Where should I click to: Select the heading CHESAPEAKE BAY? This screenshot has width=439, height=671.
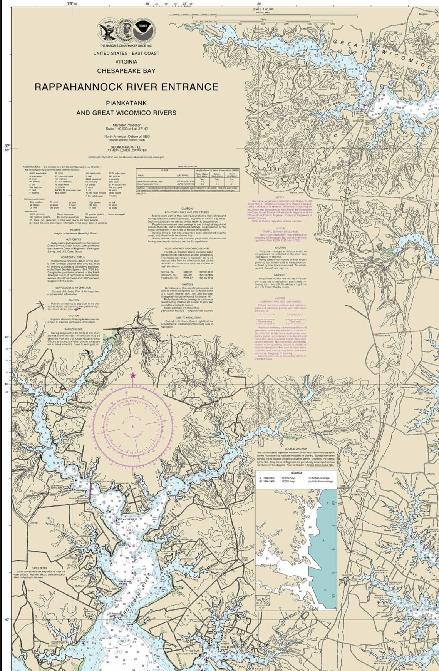(126, 71)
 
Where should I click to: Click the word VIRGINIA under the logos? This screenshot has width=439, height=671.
(126, 62)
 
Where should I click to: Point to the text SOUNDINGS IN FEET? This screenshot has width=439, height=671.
(126, 147)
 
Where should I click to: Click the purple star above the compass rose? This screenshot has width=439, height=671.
(133, 375)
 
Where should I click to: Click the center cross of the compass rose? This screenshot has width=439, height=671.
(133, 427)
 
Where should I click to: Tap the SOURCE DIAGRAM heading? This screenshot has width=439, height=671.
(296, 449)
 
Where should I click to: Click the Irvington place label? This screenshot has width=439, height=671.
(238, 634)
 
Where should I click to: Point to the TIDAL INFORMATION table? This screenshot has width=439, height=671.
(188, 180)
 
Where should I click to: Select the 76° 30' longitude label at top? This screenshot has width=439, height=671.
(72, 3)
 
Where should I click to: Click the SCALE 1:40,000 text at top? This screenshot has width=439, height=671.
(263, 9)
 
